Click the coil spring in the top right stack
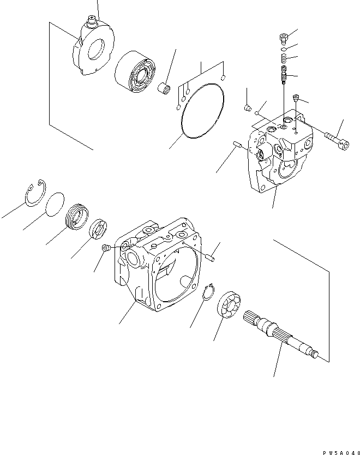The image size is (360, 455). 284,58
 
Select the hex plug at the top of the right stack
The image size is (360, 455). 283,38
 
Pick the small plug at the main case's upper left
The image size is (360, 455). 106,249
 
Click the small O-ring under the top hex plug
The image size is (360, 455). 284,48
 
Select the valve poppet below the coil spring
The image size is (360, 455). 283,74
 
